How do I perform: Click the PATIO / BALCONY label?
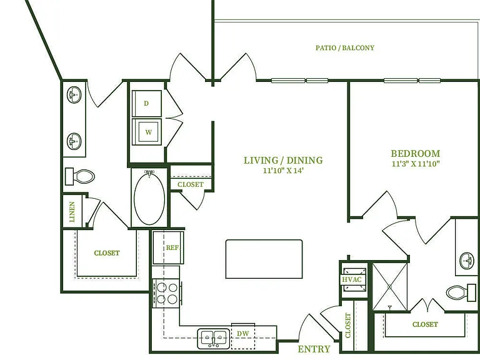click(x=345, y=47)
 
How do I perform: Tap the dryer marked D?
click(x=147, y=104)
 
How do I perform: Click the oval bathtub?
click(x=149, y=198)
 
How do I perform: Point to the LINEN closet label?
click(x=72, y=211)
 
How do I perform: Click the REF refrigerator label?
click(x=172, y=247)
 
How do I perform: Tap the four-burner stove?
click(x=167, y=293)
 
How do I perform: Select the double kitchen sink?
click(x=213, y=339)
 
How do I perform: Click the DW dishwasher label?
click(x=242, y=334)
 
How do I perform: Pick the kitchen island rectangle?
click(x=264, y=259)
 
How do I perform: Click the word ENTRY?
click(x=314, y=349)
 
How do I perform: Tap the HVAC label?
click(x=352, y=279)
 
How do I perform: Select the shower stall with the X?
click(x=390, y=286)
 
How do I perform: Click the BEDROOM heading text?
click(x=416, y=153)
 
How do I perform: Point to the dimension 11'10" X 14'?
click(x=283, y=171)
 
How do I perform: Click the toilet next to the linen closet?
click(x=80, y=177)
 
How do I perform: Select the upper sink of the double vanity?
click(x=74, y=95)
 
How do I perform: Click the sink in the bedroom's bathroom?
click(x=467, y=261)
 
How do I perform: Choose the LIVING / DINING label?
click(x=283, y=161)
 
